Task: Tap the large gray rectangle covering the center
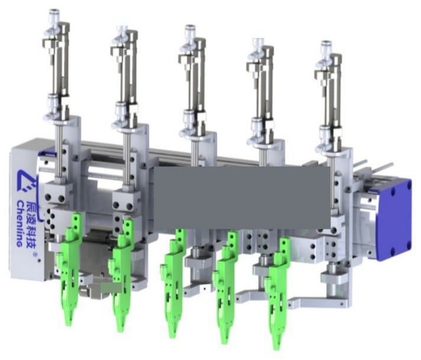(242, 197)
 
